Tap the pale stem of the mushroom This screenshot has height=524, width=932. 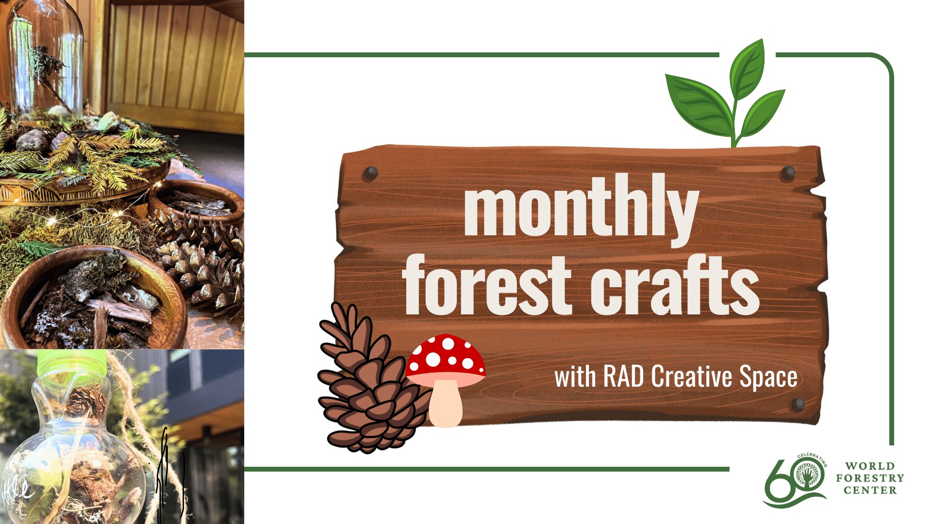[446, 402]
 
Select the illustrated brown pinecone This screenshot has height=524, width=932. [366, 383]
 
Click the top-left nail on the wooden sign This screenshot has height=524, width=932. [371, 173]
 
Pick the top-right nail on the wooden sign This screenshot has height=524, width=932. [788, 172]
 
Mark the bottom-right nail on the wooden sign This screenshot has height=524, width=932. [798, 404]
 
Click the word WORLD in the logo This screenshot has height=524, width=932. [870, 466]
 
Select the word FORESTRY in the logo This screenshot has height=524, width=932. [870, 478]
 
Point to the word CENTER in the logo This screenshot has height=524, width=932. [870, 491]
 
